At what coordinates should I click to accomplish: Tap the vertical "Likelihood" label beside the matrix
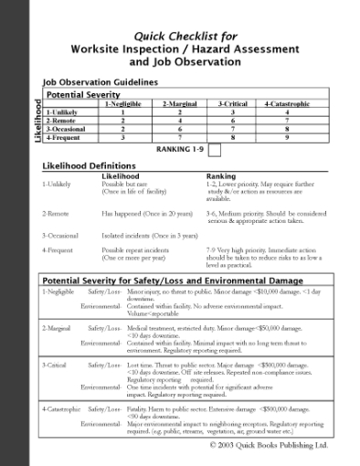pos(37,122)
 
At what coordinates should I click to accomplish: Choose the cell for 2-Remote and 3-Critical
pos(233,120)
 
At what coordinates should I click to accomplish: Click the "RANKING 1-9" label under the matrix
pos(182,149)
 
